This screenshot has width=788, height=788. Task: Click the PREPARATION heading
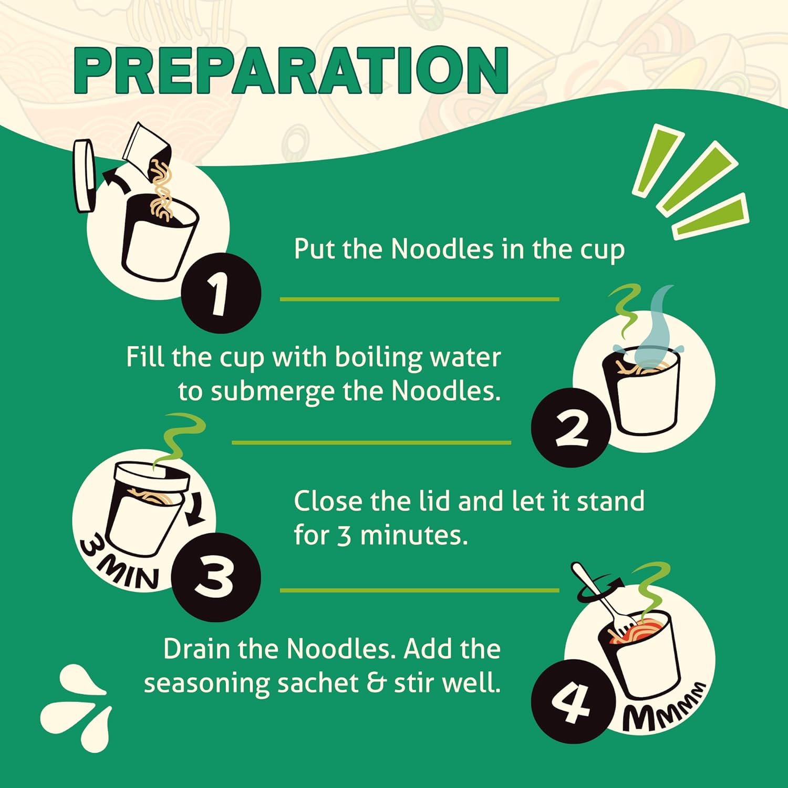click(x=291, y=70)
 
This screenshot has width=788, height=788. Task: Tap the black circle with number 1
click(x=221, y=293)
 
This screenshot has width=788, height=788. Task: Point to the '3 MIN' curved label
click(x=118, y=565)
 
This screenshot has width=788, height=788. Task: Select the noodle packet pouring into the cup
click(x=147, y=150)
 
